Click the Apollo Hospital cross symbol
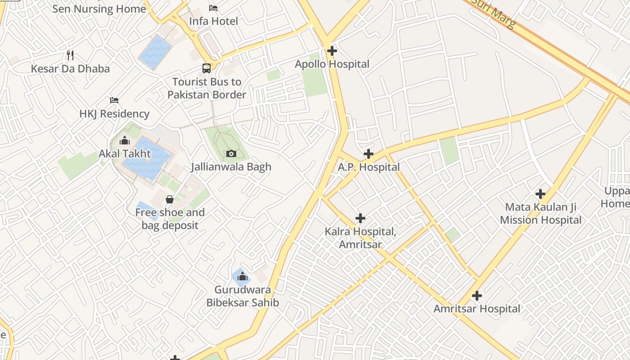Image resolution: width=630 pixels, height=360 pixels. pos(332,51)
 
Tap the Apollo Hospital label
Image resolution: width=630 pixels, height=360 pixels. pos(332,64)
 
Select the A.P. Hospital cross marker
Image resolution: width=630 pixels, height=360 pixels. pos(368,154)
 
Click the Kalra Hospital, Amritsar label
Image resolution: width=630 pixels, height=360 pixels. pos(360,238)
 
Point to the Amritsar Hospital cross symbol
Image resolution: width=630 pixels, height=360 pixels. pos(477,296)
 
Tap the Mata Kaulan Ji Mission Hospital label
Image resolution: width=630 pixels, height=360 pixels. pos(540,214)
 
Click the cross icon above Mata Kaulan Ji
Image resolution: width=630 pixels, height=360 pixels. pos(540,194)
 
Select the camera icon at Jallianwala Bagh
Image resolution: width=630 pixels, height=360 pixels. pos(231,153)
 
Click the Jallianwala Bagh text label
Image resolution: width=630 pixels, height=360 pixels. pos(231,166)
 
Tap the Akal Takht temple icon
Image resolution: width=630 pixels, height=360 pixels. pos(125,141)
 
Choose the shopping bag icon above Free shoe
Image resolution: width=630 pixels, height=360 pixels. pos(170,199)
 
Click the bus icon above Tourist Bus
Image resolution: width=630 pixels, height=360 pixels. pos(207,68)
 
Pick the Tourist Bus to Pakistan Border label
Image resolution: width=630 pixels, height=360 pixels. pos(207,88)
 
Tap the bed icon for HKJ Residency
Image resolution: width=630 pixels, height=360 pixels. pos(114,100)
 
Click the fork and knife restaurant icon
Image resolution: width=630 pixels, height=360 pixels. pos(70,55)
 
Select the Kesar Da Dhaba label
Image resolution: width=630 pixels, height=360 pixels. pos(70,69)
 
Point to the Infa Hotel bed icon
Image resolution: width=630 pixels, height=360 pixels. pos(213,8)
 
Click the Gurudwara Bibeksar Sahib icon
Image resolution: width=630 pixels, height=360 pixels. pos(242,276)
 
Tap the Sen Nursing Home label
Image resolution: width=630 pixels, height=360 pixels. pos(99,9)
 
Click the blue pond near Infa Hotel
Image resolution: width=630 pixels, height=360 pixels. pos(155,52)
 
